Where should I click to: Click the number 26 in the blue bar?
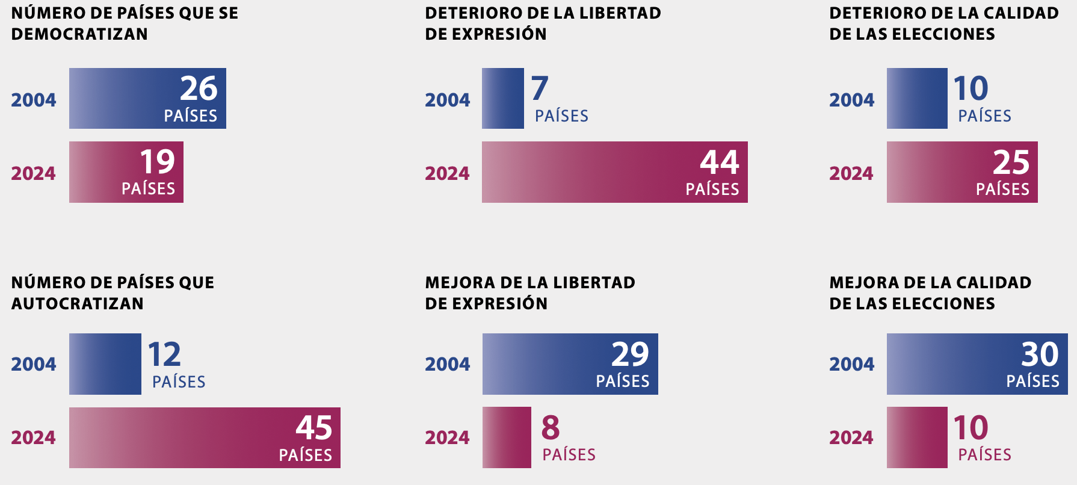(199, 88)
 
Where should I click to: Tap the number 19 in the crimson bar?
(157, 162)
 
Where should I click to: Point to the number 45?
(313, 428)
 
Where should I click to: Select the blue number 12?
(164, 354)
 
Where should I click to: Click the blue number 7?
(540, 88)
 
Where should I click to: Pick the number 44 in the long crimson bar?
(720, 162)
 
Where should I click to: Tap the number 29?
(630, 354)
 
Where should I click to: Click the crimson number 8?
(551, 428)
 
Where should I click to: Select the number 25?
(1011, 162)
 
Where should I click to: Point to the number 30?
(1040, 354)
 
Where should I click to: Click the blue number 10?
(971, 88)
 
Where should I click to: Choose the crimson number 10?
(971, 428)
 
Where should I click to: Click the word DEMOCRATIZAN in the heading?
(79, 34)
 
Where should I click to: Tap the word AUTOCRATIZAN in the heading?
(78, 304)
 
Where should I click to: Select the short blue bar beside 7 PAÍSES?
(503, 99)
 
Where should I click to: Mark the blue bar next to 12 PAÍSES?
(105, 364)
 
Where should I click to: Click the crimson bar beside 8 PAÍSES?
(507, 437)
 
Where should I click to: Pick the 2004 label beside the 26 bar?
(34, 100)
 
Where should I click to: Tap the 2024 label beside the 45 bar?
(34, 437)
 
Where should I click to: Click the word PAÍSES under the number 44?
(712, 190)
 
